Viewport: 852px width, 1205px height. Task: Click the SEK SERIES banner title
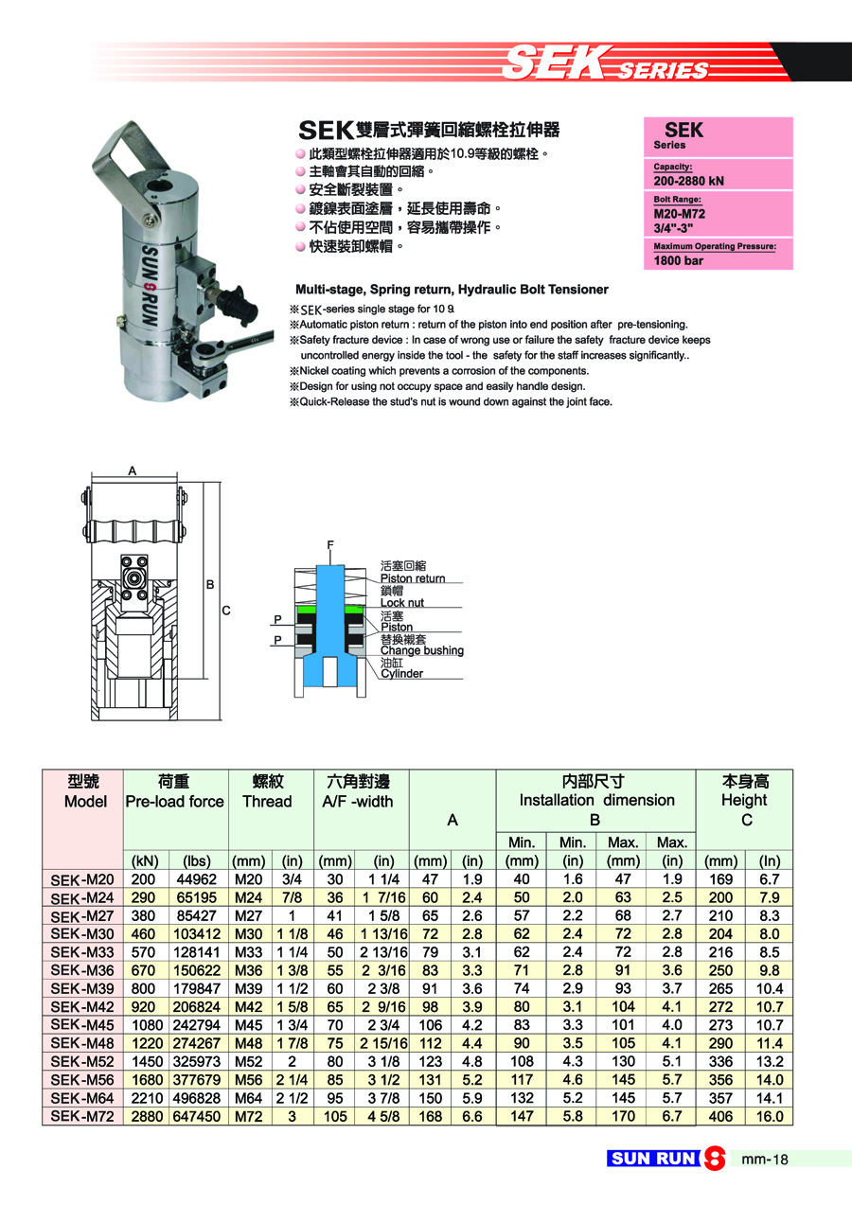pos(606,64)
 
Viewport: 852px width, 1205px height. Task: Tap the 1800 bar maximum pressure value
pos(679,260)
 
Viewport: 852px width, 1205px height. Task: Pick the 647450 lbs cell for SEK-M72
pos(197,1116)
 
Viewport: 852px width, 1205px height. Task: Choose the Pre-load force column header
pos(175,802)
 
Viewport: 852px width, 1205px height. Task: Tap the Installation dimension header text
pos(596,800)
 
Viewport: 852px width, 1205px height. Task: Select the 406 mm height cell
pos(721,1116)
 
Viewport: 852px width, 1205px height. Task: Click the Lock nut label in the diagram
pos(401,603)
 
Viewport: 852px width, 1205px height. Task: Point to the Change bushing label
pos(421,650)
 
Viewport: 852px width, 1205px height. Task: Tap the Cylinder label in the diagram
pos(401,674)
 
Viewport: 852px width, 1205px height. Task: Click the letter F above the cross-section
pos(330,545)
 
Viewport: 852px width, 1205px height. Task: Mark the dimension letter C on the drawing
pos(226,611)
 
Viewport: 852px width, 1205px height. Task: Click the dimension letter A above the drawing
pos(132,470)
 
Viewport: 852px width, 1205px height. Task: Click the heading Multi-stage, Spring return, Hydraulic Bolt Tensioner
pos(452,289)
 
